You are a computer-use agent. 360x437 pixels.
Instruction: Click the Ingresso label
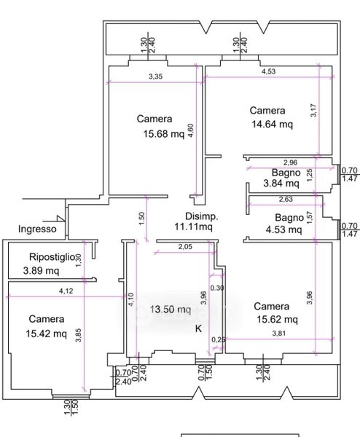coord(37,229)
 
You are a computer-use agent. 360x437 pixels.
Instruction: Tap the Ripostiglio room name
coord(52,256)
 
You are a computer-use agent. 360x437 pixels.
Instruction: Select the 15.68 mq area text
coord(164,134)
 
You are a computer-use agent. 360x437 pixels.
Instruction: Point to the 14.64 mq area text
coord(273,124)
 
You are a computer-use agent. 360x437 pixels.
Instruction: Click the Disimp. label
coord(202,216)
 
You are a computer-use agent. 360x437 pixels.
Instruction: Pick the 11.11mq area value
coord(194,227)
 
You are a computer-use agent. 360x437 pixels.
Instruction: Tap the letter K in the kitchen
coord(198,329)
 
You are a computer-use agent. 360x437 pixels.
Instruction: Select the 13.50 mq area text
coord(171,310)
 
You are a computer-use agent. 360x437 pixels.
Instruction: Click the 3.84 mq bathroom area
coord(281,184)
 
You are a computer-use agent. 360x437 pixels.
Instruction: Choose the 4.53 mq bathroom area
coord(284,229)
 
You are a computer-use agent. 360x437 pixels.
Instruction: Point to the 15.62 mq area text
coord(277,320)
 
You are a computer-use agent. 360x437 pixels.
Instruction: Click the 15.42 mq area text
coord(47,334)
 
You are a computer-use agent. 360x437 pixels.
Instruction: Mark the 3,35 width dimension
coord(155,76)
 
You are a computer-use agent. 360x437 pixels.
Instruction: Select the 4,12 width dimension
coord(66,291)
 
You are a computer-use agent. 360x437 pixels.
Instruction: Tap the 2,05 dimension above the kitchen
coord(185,247)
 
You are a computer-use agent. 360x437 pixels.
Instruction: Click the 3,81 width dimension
coord(279,333)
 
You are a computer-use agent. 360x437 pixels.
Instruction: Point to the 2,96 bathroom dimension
coord(290,162)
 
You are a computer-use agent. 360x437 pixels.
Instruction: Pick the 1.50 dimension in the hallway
coord(141,219)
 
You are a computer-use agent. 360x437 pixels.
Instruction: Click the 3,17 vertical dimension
coord(313,111)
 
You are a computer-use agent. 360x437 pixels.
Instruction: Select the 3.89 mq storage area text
coord(41,271)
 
